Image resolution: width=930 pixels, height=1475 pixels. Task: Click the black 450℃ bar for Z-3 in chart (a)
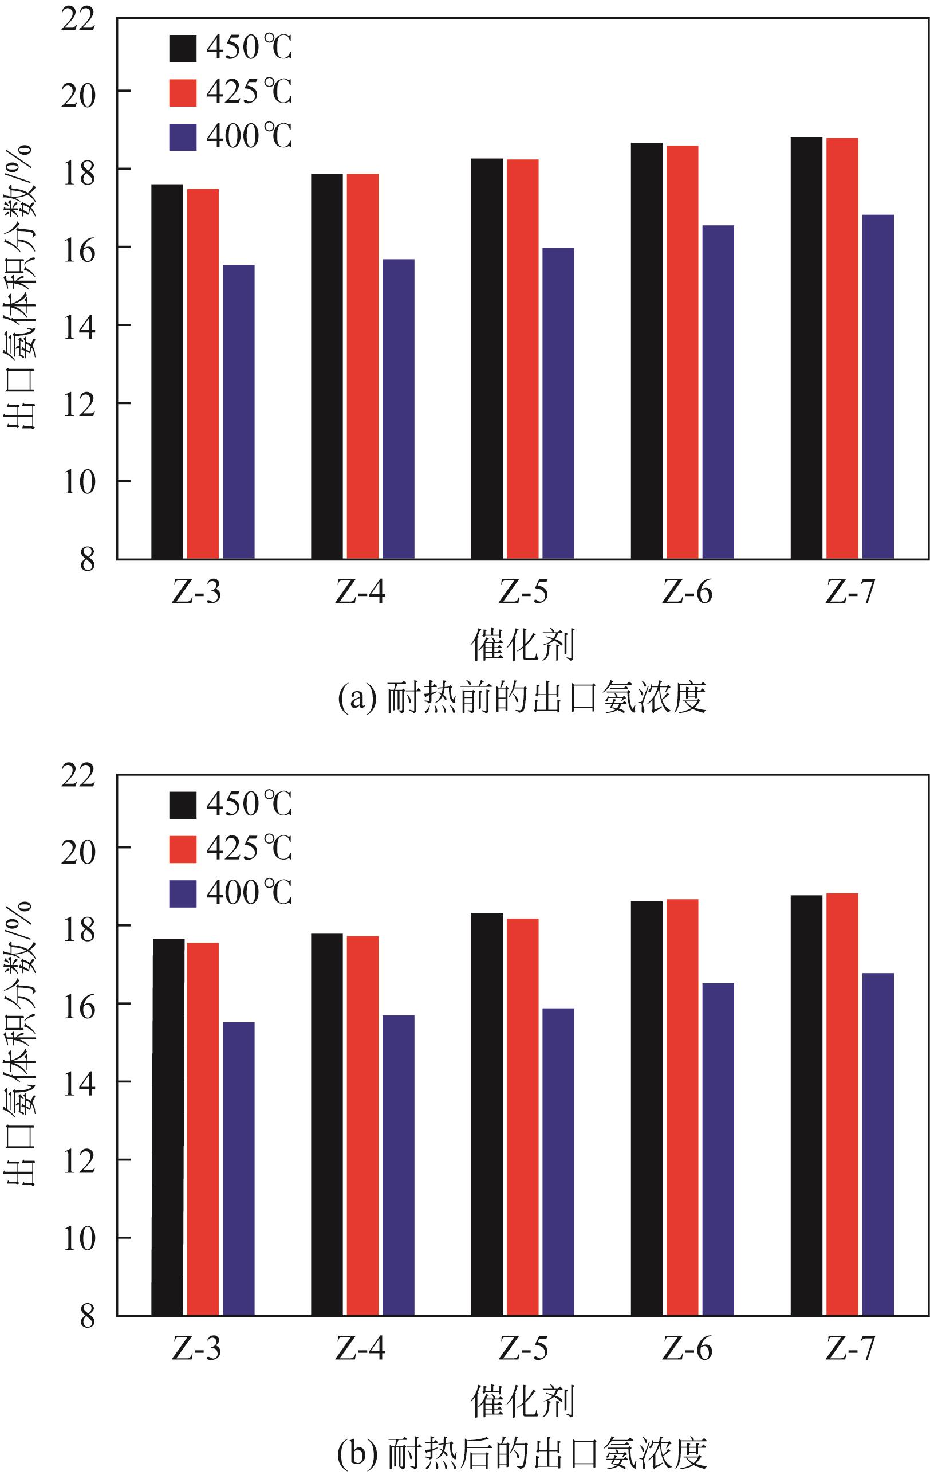[167, 371]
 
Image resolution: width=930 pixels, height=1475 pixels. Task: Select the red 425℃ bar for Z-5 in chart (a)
[522, 359]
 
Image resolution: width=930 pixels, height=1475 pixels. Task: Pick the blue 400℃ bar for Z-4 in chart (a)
[398, 409]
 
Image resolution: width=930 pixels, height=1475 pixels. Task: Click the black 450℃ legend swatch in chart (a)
[183, 48]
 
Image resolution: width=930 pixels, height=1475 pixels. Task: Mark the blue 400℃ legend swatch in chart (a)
[183, 137]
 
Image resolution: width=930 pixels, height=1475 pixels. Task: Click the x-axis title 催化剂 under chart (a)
[523, 645]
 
